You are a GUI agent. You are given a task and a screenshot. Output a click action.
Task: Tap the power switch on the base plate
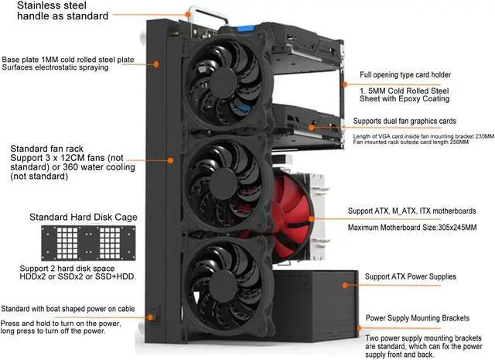click(154, 316)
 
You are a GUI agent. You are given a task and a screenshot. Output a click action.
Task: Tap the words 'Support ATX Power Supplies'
click(411, 276)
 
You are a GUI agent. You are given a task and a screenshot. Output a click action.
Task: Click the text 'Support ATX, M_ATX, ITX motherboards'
click(422, 211)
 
